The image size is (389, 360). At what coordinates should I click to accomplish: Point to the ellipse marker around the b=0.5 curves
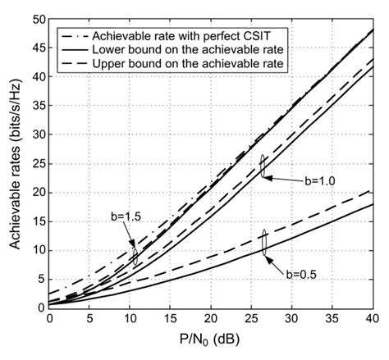tap(264, 244)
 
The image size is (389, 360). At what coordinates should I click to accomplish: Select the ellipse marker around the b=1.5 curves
tap(135, 253)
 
